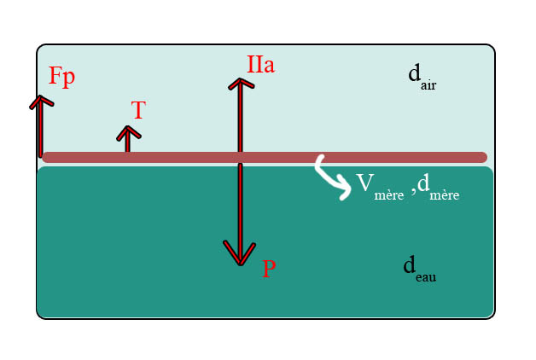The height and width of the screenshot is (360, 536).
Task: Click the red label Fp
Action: (x=61, y=76)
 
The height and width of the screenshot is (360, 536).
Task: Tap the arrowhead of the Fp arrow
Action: (x=40, y=101)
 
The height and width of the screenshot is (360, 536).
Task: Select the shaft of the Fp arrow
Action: (x=40, y=130)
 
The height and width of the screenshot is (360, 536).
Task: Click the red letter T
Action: (x=138, y=110)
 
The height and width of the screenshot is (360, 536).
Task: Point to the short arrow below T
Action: (x=128, y=138)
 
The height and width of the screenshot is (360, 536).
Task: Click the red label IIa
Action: (x=260, y=64)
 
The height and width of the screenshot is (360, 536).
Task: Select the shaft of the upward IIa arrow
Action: (x=240, y=119)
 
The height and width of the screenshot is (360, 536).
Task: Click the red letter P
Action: (x=269, y=270)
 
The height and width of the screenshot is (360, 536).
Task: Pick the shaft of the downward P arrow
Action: (x=240, y=205)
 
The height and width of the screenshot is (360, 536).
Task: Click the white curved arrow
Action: (x=331, y=178)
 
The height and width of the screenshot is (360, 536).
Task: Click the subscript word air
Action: (x=428, y=85)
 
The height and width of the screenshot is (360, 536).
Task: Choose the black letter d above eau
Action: (x=409, y=265)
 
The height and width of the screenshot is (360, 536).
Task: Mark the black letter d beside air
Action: (x=414, y=73)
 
